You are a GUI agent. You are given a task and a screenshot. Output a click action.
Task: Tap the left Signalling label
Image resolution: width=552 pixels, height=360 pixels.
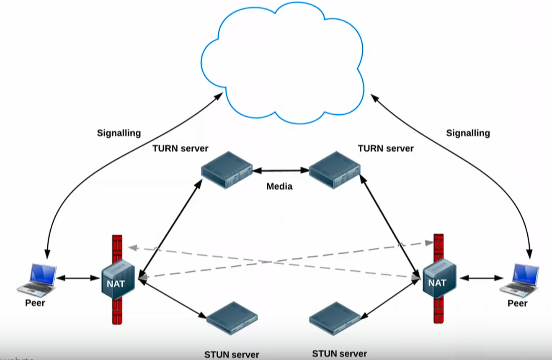[x=119, y=133]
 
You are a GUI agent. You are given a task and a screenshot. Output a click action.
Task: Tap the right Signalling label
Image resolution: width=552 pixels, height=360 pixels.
[x=468, y=133]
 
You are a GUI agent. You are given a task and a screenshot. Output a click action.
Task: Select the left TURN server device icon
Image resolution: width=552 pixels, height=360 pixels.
[x=226, y=170]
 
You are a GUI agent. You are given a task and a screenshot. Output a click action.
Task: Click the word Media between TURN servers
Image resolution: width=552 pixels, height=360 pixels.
[x=279, y=186]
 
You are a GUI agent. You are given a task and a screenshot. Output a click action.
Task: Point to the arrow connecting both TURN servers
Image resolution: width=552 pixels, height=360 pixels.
[x=281, y=170]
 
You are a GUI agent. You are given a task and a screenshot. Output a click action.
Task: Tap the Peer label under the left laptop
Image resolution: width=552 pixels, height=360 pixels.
[x=35, y=303]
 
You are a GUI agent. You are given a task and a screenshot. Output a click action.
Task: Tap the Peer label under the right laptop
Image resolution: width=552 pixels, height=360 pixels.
[x=518, y=303]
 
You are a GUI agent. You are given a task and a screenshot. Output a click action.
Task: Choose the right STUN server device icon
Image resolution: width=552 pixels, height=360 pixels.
[x=335, y=318]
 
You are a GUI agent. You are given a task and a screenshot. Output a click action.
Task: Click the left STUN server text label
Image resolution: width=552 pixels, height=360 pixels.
[x=232, y=355]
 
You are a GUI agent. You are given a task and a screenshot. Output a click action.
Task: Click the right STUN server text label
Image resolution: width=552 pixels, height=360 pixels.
[x=340, y=354]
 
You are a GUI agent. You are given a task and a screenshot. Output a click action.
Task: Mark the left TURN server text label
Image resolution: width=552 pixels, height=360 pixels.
[x=181, y=148]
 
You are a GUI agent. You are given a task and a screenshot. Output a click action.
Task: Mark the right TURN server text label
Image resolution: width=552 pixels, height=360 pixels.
[x=386, y=148]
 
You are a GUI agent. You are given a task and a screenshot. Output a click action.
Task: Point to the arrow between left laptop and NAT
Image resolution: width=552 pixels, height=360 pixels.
[x=78, y=278]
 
